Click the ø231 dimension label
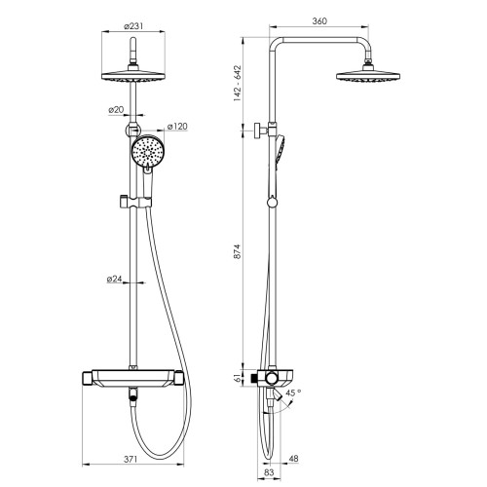click(133, 26)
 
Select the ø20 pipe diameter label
click(116, 110)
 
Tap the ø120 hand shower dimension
click(177, 126)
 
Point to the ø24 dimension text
click(114, 279)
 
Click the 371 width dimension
click(131, 460)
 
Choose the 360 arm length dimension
click(319, 21)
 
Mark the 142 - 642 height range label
click(238, 84)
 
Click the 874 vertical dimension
click(238, 251)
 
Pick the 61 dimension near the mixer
click(239, 377)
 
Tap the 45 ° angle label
click(293, 393)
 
